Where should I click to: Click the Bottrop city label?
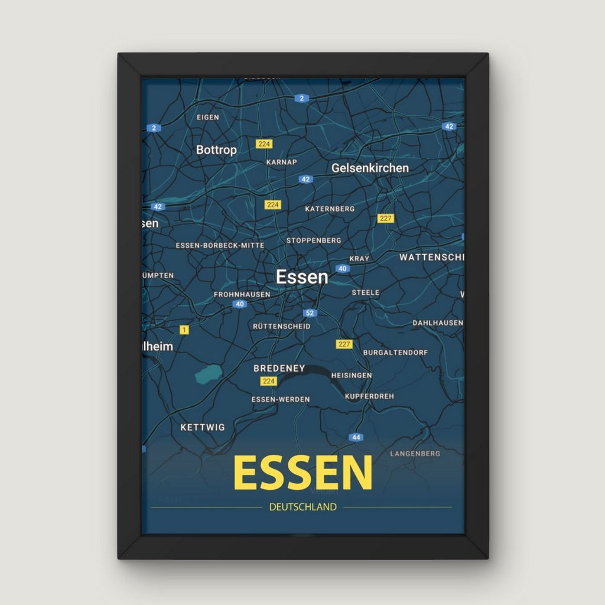click(216, 150)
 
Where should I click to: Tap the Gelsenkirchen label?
click(370, 168)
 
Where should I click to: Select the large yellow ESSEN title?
click(302, 473)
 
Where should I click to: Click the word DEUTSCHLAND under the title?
click(302, 507)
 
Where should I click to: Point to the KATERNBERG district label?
click(330, 209)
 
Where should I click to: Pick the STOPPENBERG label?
click(314, 240)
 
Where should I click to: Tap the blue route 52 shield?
click(310, 313)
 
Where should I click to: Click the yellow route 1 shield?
click(184, 330)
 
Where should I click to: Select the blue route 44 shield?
click(356, 437)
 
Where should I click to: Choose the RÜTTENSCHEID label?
click(281, 326)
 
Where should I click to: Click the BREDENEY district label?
click(279, 368)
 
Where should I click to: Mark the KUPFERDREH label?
click(369, 396)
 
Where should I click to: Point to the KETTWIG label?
click(203, 427)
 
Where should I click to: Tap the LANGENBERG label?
click(415, 454)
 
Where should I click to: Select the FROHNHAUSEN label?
click(242, 294)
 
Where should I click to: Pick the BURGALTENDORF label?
click(395, 352)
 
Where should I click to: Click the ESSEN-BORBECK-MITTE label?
click(220, 245)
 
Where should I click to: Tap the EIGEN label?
click(207, 117)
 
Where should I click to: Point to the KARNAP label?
click(281, 162)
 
